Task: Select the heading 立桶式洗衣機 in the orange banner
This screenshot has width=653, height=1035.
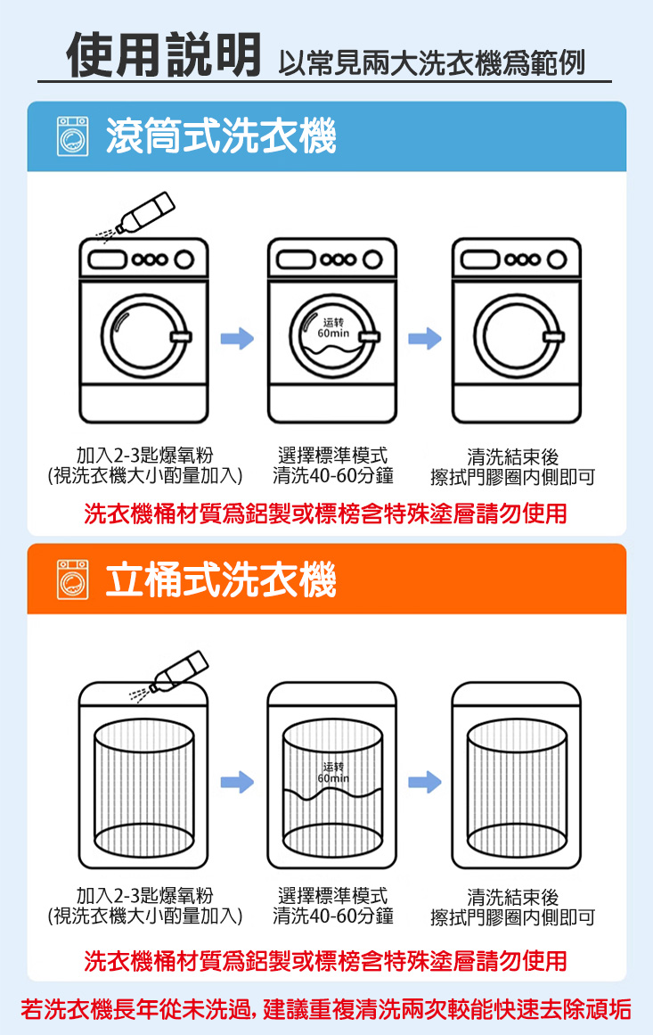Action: tap(220, 579)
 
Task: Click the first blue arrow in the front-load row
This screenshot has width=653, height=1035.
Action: tap(238, 337)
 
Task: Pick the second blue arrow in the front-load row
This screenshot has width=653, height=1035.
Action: tap(425, 337)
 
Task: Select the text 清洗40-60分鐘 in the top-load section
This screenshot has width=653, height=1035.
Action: tap(333, 915)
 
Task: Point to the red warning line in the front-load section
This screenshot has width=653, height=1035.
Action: tap(326, 514)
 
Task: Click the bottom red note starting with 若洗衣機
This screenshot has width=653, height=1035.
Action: tap(326, 1009)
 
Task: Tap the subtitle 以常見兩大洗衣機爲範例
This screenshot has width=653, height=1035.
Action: tap(431, 62)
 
